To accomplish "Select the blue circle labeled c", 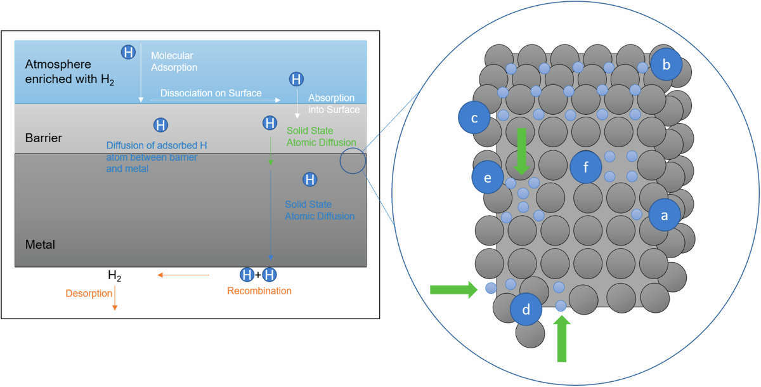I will point(475,117).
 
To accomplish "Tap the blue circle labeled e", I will point(488,179).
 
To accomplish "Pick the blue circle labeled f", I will point(585,168).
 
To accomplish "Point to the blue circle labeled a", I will point(664,215).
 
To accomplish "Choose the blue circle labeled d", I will point(526,310).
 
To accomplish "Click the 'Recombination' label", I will point(259,291).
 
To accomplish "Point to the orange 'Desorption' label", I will point(89,293).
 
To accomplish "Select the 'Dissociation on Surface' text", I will point(211,93).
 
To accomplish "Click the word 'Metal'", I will point(39,244).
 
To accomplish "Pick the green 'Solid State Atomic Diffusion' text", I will point(321,136).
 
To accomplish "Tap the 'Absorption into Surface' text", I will point(334,104).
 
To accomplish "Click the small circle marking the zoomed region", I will point(353,161).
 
